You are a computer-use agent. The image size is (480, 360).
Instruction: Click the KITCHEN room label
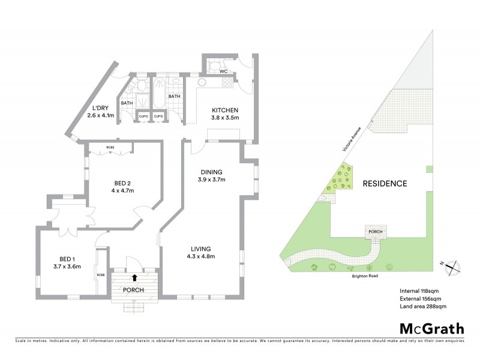click(225, 110)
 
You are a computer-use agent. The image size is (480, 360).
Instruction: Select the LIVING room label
click(201, 249)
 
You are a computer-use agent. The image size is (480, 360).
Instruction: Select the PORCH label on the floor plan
click(134, 290)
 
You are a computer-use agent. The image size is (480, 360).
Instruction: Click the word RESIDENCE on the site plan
click(385, 184)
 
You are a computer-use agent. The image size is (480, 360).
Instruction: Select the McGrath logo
click(431, 328)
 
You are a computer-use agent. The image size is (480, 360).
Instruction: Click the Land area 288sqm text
click(423, 306)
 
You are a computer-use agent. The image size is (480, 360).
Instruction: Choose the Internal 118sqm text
click(421, 290)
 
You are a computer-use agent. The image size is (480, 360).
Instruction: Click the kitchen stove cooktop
click(229, 84)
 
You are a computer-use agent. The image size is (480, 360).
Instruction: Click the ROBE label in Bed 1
click(100, 275)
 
